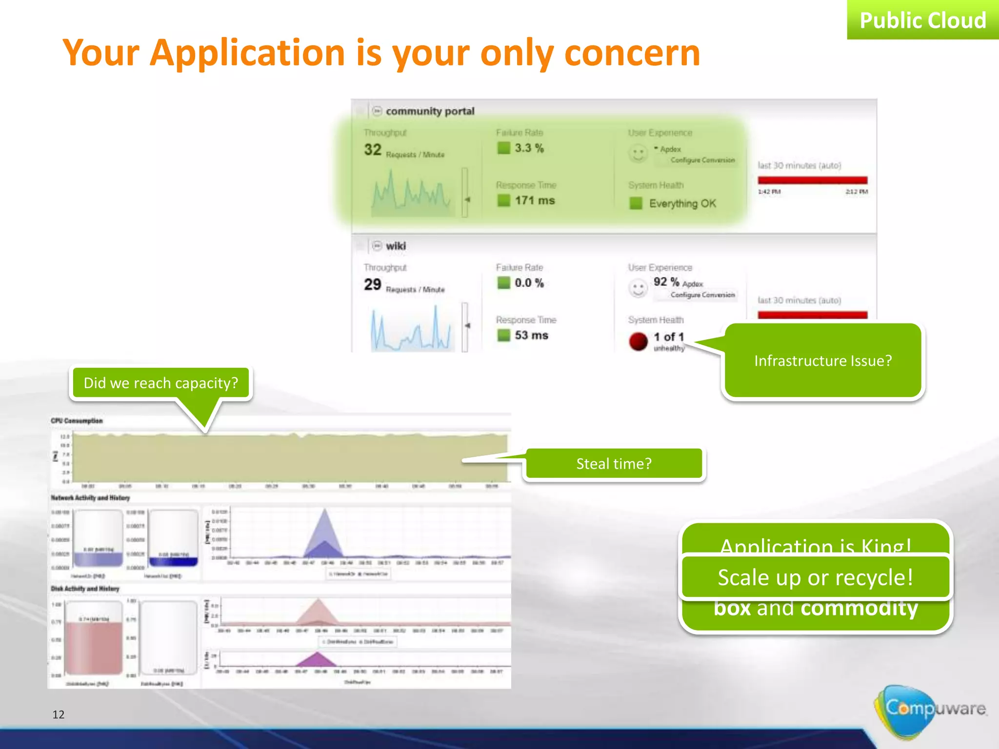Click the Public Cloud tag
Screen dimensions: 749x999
(x=922, y=20)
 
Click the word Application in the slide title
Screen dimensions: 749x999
(x=247, y=53)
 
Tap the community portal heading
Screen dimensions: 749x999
(x=429, y=111)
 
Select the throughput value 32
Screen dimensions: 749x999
(x=373, y=149)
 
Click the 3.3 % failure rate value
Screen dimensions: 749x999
(x=529, y=148)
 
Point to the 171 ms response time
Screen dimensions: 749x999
(x=535, y=200)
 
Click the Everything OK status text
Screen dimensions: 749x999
(x=682, y=203)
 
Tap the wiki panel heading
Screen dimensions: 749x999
(x=395, y=246)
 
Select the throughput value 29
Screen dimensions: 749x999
(x=373, y=284)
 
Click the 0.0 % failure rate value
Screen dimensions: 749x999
(x=529, y=283)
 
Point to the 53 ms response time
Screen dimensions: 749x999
(x=531, y=335)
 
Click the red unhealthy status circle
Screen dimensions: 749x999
(x=638, y=341)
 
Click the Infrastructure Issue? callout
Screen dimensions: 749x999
(x=822, y=361)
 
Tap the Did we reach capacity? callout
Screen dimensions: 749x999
(x=161, y=383)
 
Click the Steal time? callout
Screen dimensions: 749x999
(x=614, y=463)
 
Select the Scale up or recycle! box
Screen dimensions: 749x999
(x=815, y=577)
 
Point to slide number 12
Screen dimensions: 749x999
(x=59, y=714)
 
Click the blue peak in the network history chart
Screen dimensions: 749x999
(x=324, y=532)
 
